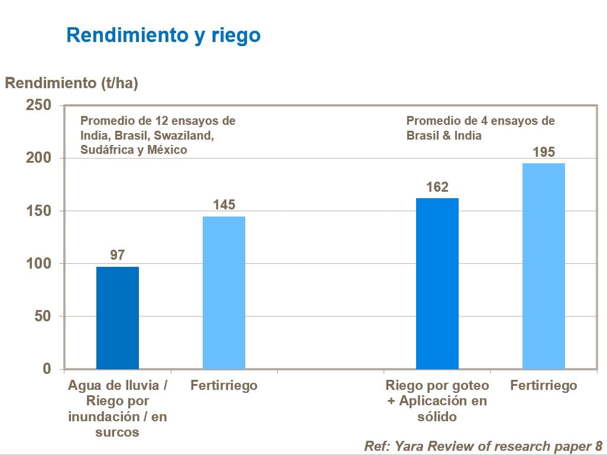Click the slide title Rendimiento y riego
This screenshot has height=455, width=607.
[x=163, y=35]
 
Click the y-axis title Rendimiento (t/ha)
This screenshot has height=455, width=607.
[x=72, y=83]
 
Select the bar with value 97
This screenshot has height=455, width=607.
[x=118, y=318]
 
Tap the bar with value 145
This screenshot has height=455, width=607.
[x=224, y=292]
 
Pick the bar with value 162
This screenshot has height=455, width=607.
[x=437, y=283]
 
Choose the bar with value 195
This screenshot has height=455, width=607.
[x=544, y=266]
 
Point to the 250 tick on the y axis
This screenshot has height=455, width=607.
[x=40, y=105]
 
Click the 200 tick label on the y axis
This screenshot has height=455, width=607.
[x=40, y=158]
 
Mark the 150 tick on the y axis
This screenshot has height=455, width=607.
[x=40, y=211]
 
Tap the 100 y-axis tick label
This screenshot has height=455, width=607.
[x=40, y=263]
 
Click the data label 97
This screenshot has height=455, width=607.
[x=118, y=255]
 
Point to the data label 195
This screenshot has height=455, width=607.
[x=544, y=153]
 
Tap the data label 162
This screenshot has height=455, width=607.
[x=437, y=188]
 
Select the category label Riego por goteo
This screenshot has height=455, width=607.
[x=437, y=386]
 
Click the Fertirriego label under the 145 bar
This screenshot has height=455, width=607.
[x=224, y=386]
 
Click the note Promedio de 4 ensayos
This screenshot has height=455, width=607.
[x=480, y=121]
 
